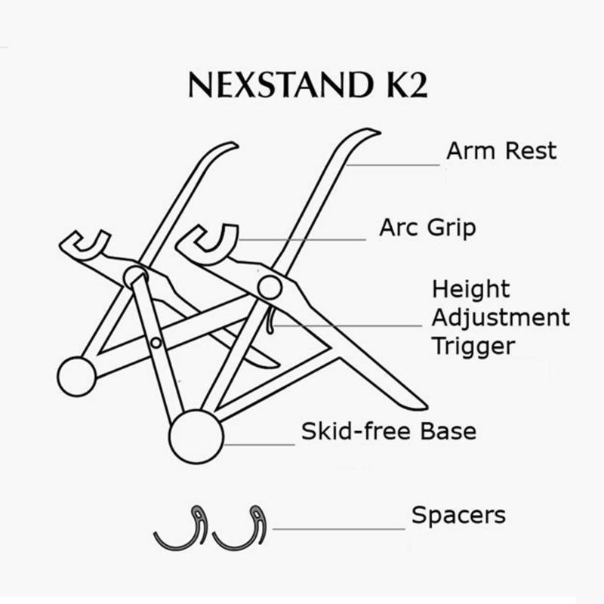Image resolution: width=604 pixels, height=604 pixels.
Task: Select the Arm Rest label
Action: pos(501,150)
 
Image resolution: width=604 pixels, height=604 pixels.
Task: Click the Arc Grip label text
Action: pos(427,226)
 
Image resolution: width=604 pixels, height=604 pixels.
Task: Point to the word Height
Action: pos(471,288)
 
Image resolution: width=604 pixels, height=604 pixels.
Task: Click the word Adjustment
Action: pos(501,317)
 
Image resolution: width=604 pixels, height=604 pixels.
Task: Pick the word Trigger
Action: pos(473,346)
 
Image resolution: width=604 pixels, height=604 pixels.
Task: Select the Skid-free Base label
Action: pos(389,432)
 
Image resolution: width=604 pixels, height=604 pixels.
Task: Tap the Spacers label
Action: pos(458,516)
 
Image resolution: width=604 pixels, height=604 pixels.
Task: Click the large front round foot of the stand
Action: pos(196,436)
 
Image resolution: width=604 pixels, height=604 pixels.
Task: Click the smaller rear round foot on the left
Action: pos(77,376)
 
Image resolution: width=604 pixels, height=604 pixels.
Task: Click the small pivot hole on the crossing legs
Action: pos(156,343)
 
